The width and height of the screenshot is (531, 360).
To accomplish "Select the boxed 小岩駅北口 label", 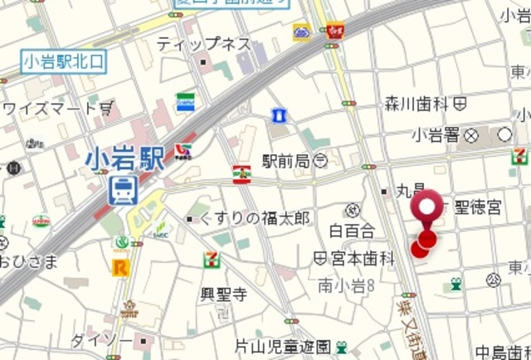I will (65, 60).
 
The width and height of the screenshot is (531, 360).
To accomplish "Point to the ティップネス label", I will (203, 43).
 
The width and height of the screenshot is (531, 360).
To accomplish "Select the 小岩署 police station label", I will (436, 134).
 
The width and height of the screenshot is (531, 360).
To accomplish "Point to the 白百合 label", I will (352, 230).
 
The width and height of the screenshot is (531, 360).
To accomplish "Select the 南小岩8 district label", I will (348, 285).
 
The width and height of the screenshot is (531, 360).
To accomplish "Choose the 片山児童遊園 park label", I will (282, 346).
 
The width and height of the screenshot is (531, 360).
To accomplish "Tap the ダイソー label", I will (100, 341).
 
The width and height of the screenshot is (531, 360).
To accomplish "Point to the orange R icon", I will (121, 266).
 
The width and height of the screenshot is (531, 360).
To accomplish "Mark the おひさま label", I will (28, 262).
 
